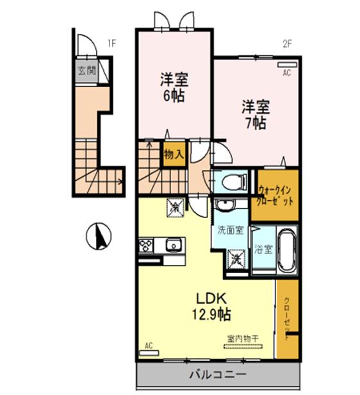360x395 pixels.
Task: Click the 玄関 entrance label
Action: point(86,71)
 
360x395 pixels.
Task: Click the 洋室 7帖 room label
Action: point(255,113)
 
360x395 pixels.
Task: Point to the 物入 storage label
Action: point(174,155)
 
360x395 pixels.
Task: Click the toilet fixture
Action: point(233,182)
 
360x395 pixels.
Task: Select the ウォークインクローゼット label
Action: point(277,195)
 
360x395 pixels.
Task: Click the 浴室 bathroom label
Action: point(263,249)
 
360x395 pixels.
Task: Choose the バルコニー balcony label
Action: point(216,374)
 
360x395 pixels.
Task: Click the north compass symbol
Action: point(99,236)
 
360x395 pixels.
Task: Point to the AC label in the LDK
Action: point(149,346)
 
